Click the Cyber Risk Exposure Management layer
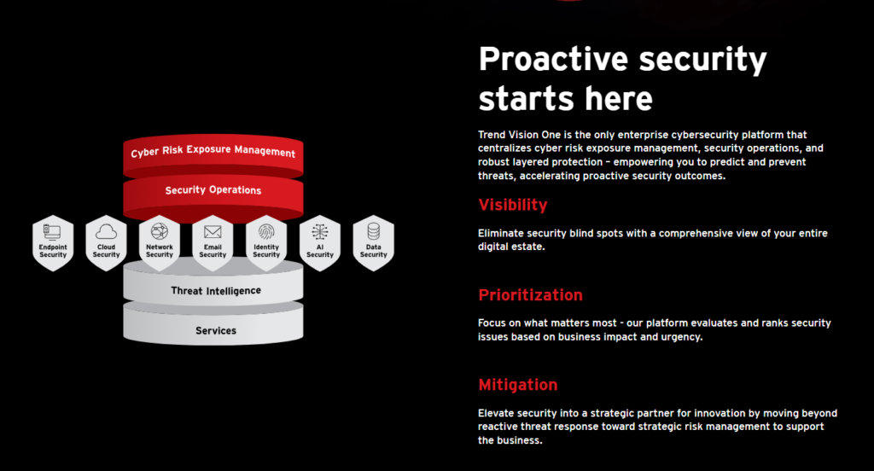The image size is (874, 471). pos(213,154)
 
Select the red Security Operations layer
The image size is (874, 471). pos(213,193)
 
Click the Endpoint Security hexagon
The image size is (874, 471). pos(53,243)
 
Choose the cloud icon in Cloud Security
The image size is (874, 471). pos(106,231)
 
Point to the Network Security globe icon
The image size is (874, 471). pos(160,230)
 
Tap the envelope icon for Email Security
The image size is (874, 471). pos(213,231)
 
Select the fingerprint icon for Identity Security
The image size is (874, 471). pos(266,231)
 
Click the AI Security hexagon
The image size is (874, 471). pos(320,243)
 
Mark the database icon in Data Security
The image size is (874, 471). pos(374,231)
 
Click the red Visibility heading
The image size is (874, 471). pos(513,205)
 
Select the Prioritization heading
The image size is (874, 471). pos(530,295)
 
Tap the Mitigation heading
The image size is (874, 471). pos(518,385)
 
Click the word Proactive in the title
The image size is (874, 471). pos(553,59)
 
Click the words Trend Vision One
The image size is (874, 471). pos(519,134)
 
